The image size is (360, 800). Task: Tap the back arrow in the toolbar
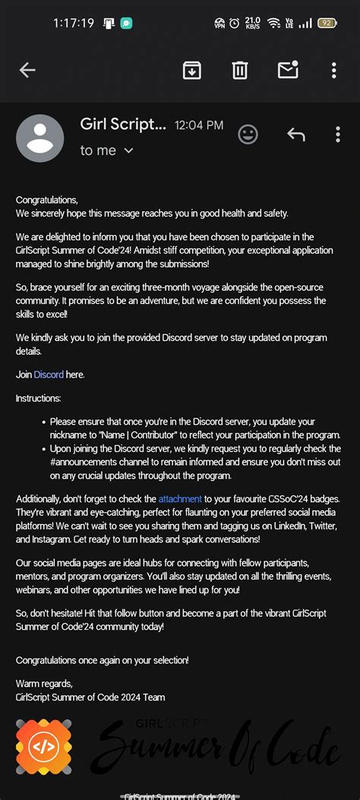point(27,70)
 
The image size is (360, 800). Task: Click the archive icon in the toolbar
point(192,70)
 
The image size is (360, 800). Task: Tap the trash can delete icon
point(240,70)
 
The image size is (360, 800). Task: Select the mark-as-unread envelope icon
point(288,70)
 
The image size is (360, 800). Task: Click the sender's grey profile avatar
point(39,138)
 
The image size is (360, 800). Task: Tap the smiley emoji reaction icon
point(248,134)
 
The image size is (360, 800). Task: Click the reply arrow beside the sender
point(295,134)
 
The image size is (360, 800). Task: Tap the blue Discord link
point(49,375)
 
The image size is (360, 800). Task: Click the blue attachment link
point(180,499)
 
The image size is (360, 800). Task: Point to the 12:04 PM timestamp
point(199,125)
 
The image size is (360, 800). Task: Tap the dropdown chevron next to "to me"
point(128,150)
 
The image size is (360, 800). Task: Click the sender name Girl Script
point(122,124)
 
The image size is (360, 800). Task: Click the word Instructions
point(39,398)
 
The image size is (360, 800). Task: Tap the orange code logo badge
point(44,746)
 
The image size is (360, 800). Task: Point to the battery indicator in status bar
point(327,23)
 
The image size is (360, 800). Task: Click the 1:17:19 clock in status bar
point(74,23)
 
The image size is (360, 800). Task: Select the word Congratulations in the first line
point(46,200)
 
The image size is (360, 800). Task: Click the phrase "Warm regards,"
point(44,683)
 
